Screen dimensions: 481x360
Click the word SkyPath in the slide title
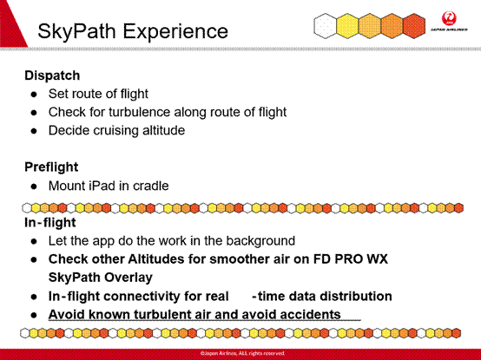76,31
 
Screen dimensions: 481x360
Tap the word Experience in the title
175,31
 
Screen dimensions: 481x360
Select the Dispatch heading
52,75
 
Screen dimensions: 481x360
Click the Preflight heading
51,167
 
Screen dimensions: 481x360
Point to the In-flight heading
50,222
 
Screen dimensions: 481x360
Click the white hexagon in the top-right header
325,26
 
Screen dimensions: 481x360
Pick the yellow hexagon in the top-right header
347,26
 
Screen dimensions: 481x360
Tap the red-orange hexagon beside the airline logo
414,26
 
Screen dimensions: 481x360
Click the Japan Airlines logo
449,21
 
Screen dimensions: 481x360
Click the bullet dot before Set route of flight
34,94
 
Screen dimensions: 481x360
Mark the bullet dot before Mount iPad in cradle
34,187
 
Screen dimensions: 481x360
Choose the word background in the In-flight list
260,241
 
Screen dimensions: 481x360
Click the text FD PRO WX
350,259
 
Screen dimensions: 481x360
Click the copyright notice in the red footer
242,353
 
